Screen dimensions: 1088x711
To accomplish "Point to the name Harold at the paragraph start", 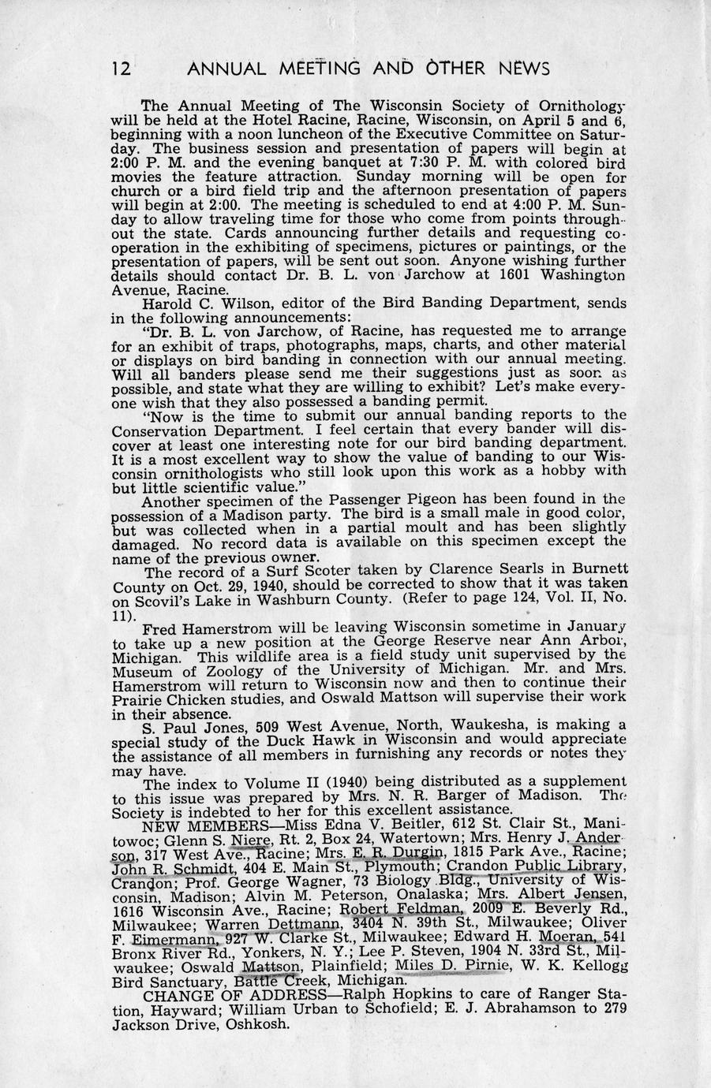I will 167,304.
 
